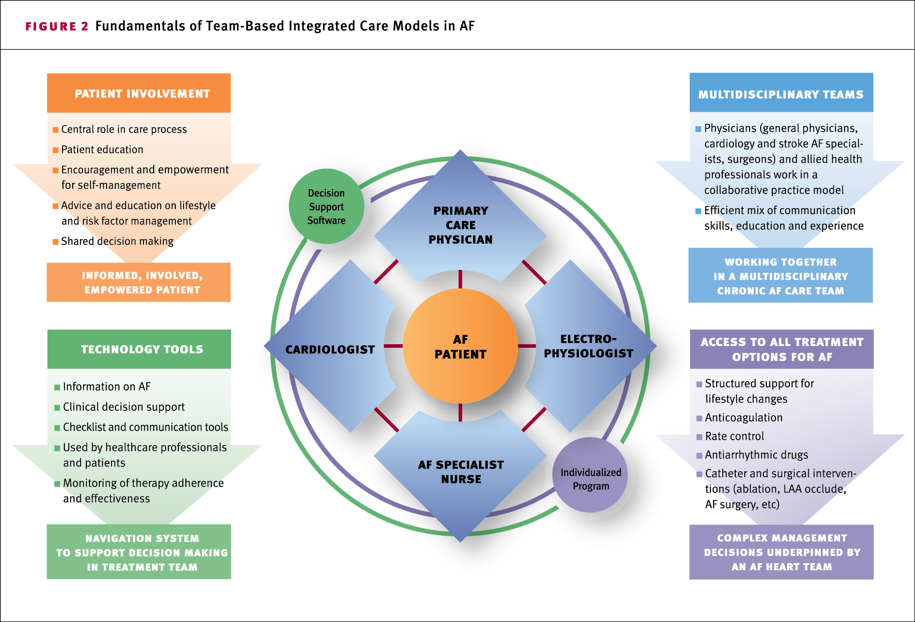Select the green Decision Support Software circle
tap(326, 206)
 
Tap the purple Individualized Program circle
tap(591, 479)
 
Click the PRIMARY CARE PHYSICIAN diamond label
tap(461, 225)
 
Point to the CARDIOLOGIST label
tap(330, 349)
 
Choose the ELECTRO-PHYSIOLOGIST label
tap(588, 346)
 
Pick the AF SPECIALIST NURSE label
tap(461, 472)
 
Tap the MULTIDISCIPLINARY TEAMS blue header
tap(781, 94)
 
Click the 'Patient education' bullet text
tap(102, 149)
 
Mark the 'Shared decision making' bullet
tap(117, 241)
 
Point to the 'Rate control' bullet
tap(734, 436)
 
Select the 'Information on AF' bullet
tap(107, 387)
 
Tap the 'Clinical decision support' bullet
tap(124, 407)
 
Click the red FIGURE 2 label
tap(57, 26)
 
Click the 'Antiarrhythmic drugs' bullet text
tap(756, 455)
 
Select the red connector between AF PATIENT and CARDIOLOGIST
tap(393, 346)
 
